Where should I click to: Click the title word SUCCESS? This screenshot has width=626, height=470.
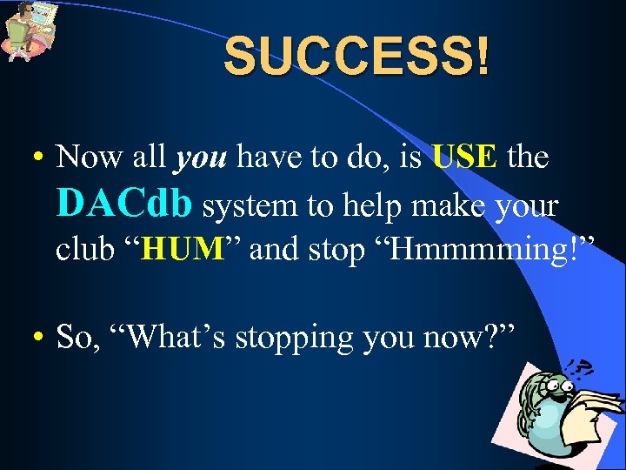point(356,57)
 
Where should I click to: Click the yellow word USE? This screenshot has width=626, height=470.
point(465,158)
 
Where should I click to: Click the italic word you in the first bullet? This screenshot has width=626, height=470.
point(201,158)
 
